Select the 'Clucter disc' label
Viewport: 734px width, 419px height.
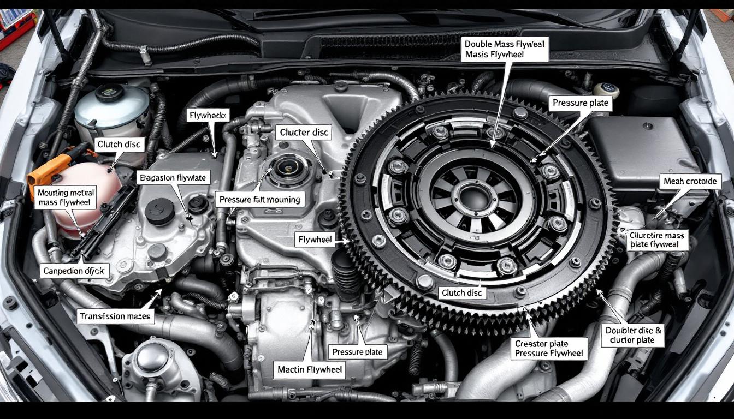(x=304, y=133)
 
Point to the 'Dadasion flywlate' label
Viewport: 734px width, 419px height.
(x=172, y=178)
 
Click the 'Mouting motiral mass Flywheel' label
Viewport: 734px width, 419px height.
(x=66, y=197)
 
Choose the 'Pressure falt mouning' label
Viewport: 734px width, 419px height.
(x=259, y=200)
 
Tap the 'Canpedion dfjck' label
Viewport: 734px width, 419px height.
(x=76, y=270)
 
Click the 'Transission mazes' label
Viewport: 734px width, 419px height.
(x=115, y=316)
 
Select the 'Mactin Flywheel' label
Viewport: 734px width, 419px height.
(x=310, y=369)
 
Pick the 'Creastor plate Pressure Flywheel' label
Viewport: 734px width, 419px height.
(x=548, y=349)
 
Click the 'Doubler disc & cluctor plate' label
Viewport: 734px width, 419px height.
(x=634, y=335)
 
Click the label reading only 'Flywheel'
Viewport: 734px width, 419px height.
(x=315, y=239)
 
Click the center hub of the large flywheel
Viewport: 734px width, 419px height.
(x=473, y=196)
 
